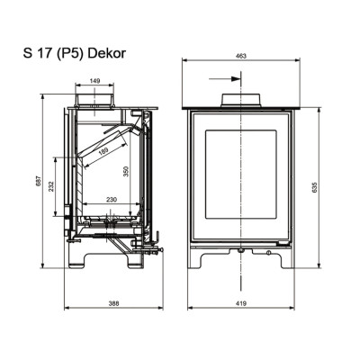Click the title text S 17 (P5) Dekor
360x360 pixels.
[x=75, y=54]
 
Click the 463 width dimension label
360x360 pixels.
[x=241, y=56]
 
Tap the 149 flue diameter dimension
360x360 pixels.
[x=94, y=81]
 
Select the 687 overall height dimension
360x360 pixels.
[x=38, y=182]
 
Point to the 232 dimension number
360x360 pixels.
[x=51, y=186]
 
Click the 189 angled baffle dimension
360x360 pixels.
[x=103, y=149]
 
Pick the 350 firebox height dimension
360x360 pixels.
[x=126, y=171]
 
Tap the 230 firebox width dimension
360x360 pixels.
[x=111, y=199]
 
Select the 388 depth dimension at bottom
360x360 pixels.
[x=114, y=303]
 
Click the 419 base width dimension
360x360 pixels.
[x=241, y=303]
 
